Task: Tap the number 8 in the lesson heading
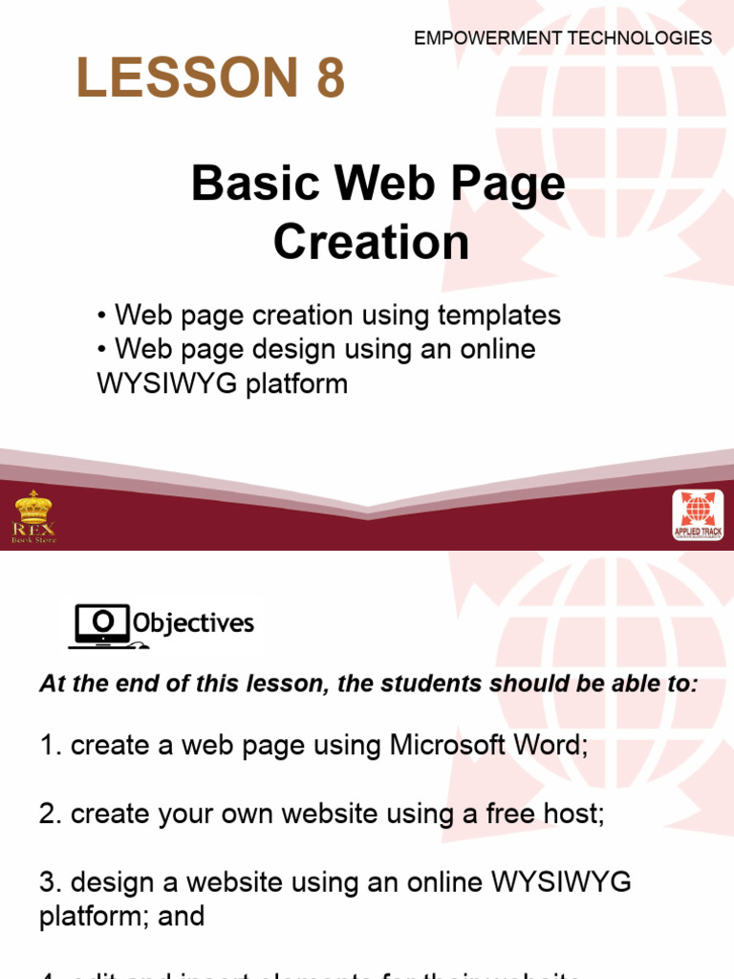click(326, 78)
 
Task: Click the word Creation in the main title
click(371, 242)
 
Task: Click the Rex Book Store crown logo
click(34, 516)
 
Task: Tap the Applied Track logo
click(698, 516)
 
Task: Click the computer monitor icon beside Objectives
click(100, 624)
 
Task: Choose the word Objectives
click(194, 624)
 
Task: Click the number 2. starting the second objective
click(50, 815)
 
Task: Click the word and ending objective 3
click(183, 916)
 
